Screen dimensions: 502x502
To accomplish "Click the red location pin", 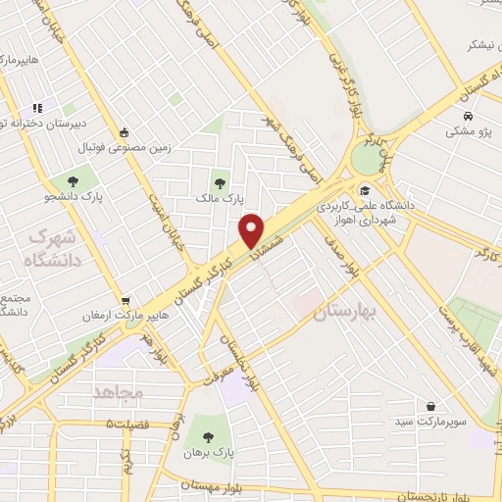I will coord(252,230).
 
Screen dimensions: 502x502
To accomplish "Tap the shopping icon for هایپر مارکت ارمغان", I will coord(125,300).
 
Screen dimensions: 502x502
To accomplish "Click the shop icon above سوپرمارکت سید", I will coord(431,405).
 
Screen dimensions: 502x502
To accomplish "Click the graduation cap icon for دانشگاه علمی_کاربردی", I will coord(365,191).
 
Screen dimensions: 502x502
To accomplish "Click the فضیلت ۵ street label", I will coord(137,424).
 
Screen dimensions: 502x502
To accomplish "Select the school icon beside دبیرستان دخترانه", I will coord(36,108).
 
